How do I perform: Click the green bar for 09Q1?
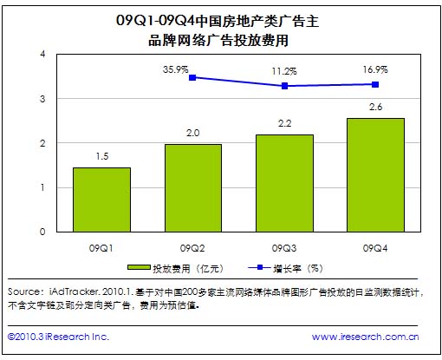(101, 200)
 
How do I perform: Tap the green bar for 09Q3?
(285, 183)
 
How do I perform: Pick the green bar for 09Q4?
(374, 174)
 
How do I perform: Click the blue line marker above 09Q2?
(192, 77)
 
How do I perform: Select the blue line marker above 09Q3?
(285, 86)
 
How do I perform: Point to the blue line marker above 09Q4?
(374, 84)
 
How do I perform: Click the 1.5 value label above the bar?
(101, 154)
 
